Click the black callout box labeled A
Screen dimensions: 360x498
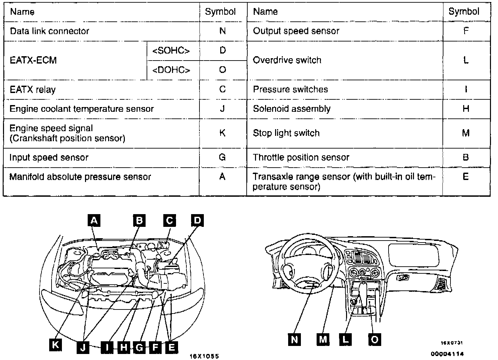tap(94, 220)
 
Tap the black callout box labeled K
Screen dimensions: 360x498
tap(55, 345)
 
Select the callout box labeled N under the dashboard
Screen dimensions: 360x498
tap(294, 340)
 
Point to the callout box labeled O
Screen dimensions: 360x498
tap(375, 340)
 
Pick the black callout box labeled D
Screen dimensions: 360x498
tap(197, 220)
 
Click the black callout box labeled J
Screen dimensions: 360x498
tap(83, 347)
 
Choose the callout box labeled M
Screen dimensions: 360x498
tap(323, 340)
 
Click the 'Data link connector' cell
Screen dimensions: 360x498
tap(50, 31)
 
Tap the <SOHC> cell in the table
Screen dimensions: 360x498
tap(171, 51)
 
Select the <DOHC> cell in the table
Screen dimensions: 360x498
tap(171, 70)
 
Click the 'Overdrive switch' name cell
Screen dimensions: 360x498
tap(287, 60)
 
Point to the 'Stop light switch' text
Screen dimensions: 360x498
tap(286, 133)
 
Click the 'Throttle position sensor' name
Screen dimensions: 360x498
tap(301, 157)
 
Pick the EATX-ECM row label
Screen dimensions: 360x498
tap(33, 60)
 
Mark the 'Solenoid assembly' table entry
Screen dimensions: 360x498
tap(292, 109)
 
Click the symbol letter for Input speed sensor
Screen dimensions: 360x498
tap(222, 157)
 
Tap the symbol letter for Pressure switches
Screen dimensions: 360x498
tap(466, 89)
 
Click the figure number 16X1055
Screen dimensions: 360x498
tap(204, 356)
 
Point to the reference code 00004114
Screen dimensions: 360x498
tap(447, 354)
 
